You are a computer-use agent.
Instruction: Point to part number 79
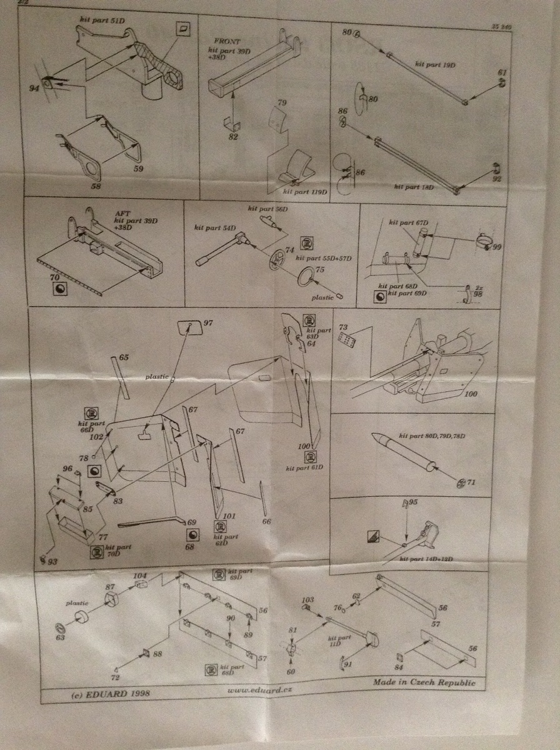pos(281,102)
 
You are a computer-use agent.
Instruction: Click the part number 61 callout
pos(501,73)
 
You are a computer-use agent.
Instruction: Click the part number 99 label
pos(497,248)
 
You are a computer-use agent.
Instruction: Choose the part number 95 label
pos(414,502)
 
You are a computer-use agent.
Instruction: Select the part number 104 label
pos(140,575)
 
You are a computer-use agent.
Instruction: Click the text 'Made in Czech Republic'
pos(424,682)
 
